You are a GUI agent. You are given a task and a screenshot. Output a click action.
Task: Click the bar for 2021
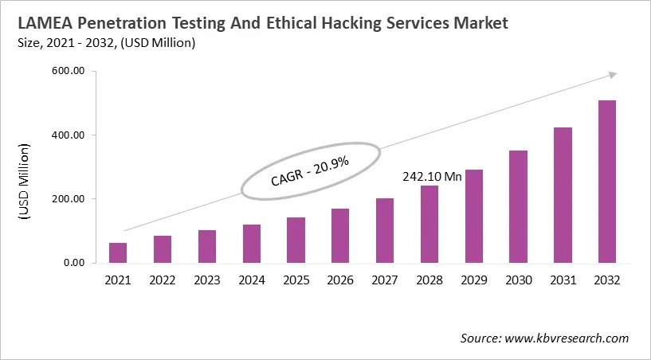coord(118,252)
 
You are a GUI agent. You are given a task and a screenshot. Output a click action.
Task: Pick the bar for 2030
coord(518,206)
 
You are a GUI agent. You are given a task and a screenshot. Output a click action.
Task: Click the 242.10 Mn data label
coord(430,177)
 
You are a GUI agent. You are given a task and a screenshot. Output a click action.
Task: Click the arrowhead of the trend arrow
coord(612,74)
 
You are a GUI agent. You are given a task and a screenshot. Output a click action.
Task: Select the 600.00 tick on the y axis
coord(69,72)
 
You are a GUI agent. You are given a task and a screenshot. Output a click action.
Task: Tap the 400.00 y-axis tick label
coord(69,135)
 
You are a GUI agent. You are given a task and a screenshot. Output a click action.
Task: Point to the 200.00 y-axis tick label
coord(69,199)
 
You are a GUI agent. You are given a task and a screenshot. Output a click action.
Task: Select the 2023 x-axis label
coord(206,280)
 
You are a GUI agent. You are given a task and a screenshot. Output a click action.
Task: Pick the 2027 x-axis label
coord(385,280)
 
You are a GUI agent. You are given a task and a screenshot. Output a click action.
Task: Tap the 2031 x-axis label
coord(563,280)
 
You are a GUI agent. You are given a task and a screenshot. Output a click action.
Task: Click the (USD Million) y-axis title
coord(23,182)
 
